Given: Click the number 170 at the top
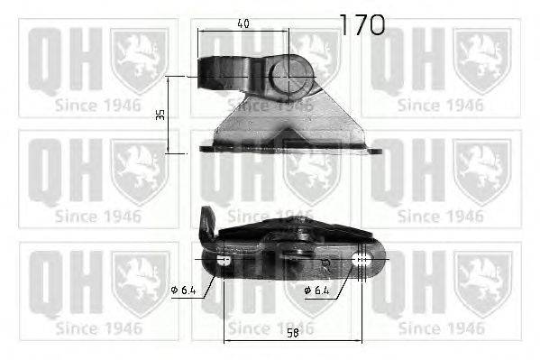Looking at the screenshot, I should click(x=362, y=24).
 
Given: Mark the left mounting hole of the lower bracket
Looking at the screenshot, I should click(x=224, y=261).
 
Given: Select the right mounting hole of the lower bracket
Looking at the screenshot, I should click(x=362, y=261).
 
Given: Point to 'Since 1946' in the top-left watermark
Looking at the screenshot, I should click(x=97, y=105).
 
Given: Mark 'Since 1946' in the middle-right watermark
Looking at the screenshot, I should click(x=440, y=216).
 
